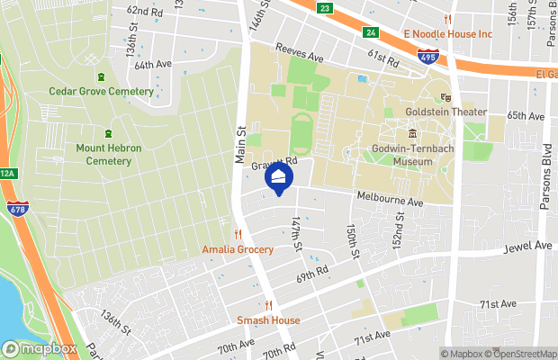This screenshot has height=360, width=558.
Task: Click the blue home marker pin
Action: click(x=279, y=178)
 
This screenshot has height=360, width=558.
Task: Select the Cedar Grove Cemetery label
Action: click(x=101, y=90)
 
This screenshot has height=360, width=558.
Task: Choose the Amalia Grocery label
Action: click(x=238, y=249)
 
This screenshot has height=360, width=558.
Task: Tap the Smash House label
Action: click(x=268, y=320)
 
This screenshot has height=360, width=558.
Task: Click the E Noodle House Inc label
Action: click(x=447, y=34)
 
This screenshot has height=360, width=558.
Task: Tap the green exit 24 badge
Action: click(x=370, y=33)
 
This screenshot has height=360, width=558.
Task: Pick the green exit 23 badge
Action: click(x=325, y=8)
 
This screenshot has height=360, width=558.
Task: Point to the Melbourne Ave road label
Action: click(x=390, y=201)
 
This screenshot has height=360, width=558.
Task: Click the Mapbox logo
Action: click(x=40, y=348)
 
